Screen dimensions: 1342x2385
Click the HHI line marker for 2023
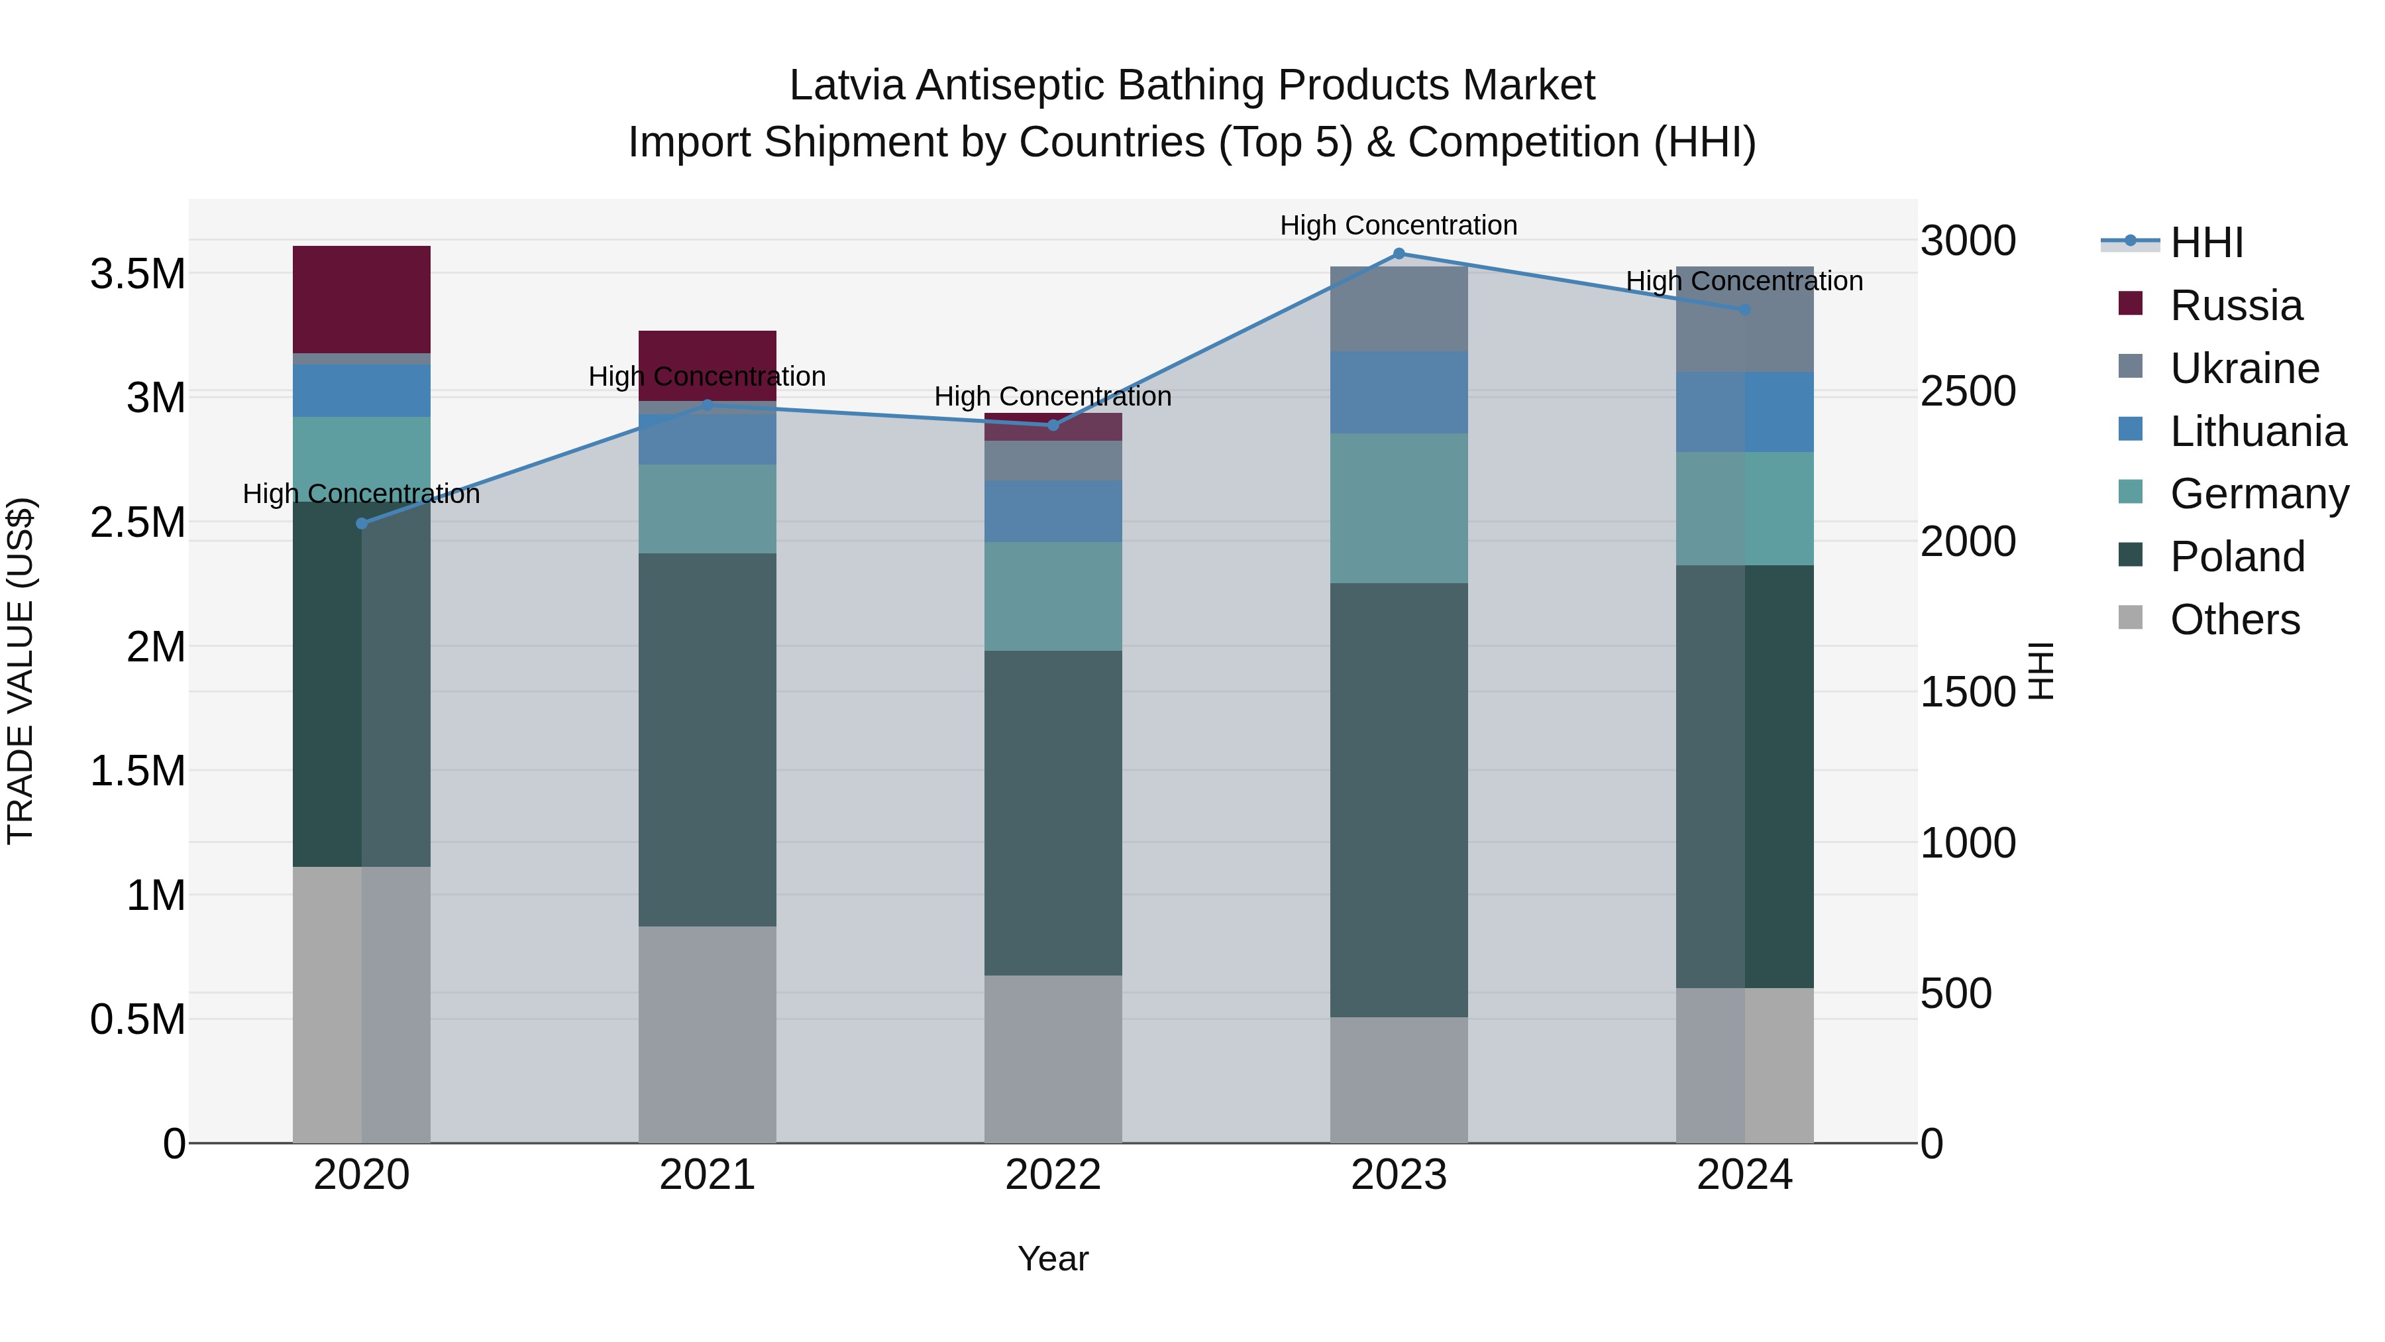pos(1399,254)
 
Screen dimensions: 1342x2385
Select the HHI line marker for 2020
pos(362,524)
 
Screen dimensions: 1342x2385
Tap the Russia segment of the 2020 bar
pos(362,299)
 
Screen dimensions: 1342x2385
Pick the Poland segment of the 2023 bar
pos(1399,799)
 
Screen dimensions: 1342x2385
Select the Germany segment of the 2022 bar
pos(1053,596)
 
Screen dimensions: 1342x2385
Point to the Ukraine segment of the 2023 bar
pos(1399,308)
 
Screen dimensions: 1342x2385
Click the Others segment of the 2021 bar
pos(708,1034)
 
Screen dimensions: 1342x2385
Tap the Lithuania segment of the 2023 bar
pos(1399,392)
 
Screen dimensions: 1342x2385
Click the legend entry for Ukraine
pos(2245,368)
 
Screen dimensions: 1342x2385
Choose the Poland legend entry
pos(2237,557)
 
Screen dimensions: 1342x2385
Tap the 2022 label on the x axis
pos(1053,1175)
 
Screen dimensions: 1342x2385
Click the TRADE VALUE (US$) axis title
pos(21,671)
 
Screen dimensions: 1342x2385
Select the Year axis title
pos(1053,1258)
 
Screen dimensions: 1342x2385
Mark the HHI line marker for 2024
pos(1744,309)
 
